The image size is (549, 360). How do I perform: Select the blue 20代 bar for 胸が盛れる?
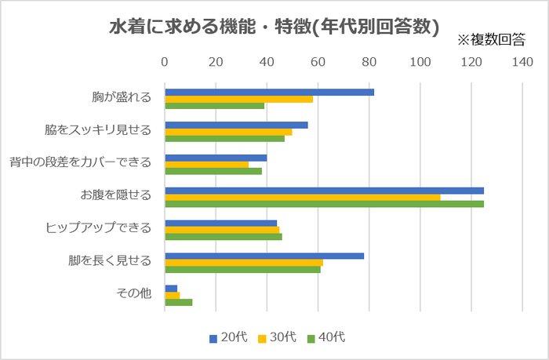point(269,92)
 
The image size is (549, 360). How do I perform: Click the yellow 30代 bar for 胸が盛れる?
point(238,99)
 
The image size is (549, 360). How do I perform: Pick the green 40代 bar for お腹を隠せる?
point(324,204)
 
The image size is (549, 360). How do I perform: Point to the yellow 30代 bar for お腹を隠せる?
point(302,197)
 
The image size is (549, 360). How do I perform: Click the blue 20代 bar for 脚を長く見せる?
point(264,256)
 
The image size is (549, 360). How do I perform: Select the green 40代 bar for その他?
point(178,302)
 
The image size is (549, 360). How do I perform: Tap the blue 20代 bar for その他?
point(171,288)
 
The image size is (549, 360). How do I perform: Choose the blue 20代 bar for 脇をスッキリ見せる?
point(236,125)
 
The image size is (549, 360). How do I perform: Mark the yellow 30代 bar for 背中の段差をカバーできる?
point(206,164)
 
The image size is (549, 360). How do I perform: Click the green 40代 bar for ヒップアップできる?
point(223,236)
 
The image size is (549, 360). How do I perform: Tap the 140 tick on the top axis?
point(522,62)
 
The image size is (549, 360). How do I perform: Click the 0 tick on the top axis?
point(165,62)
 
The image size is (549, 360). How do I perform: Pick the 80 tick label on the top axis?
point(369,62)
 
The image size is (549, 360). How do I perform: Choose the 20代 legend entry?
point(228,338)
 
